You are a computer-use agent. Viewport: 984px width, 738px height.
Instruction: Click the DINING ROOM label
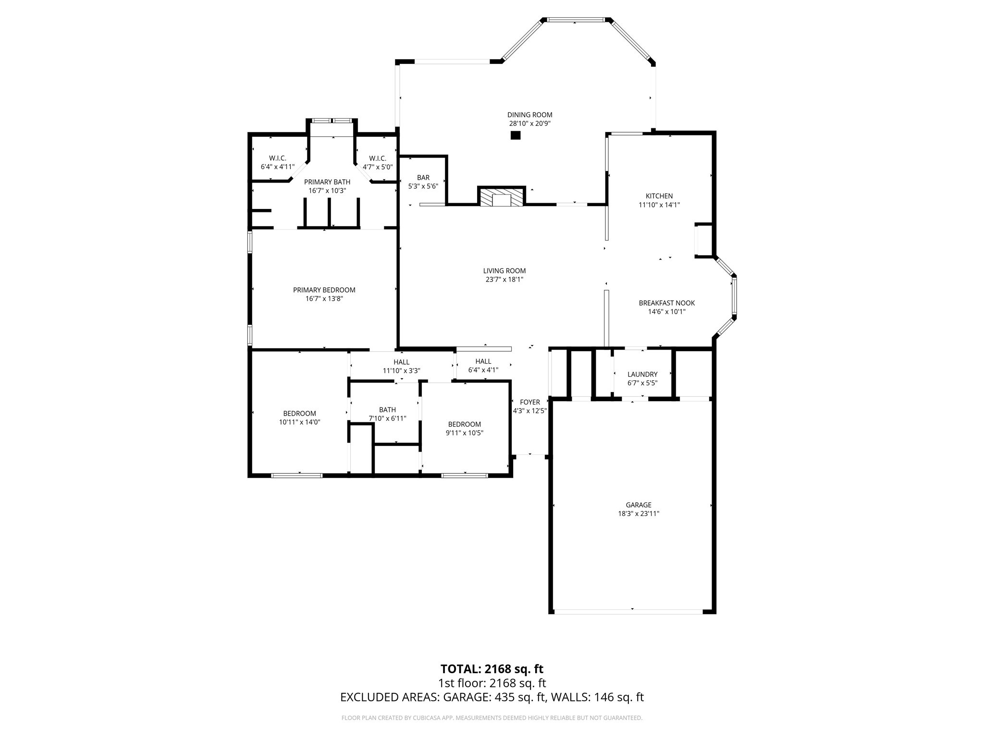click(529, 115)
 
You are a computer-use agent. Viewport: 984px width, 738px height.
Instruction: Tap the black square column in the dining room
click(515, 135)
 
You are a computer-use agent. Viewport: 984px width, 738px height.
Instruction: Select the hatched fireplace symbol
click(501, 197)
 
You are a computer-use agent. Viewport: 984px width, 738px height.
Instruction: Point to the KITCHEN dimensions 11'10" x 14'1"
click(659, 205)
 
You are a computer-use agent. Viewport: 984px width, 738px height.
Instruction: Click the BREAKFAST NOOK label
click(666, 303)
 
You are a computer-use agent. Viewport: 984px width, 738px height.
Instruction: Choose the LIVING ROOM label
click(504, 271)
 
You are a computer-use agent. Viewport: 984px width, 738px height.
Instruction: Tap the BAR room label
click(423, 178)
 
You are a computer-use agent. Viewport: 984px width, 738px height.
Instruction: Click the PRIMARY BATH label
click(327, 182)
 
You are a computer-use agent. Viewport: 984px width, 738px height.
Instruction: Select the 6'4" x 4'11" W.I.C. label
click(277, 159)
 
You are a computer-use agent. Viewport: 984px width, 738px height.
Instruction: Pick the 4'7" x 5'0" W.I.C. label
click(377, 159)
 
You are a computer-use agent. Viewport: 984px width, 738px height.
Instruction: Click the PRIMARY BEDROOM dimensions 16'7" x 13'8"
click(324, 299)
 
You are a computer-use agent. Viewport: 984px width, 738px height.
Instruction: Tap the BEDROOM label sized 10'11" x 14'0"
click(299, 414)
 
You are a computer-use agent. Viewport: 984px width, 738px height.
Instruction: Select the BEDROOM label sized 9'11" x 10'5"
click(464, 424)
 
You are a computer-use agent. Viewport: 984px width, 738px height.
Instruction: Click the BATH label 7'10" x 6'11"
click(387, 410)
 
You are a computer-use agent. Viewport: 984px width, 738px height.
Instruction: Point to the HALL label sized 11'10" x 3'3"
click(401, 362)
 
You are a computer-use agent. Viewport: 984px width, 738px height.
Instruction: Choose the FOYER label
click(529, 402)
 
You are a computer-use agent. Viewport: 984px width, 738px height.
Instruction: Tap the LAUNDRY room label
click(642, 374)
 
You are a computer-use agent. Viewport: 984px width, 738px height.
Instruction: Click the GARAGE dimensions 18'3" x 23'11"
click(638, 514)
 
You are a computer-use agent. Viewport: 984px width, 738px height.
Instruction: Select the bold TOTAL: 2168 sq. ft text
click(492, 669)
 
